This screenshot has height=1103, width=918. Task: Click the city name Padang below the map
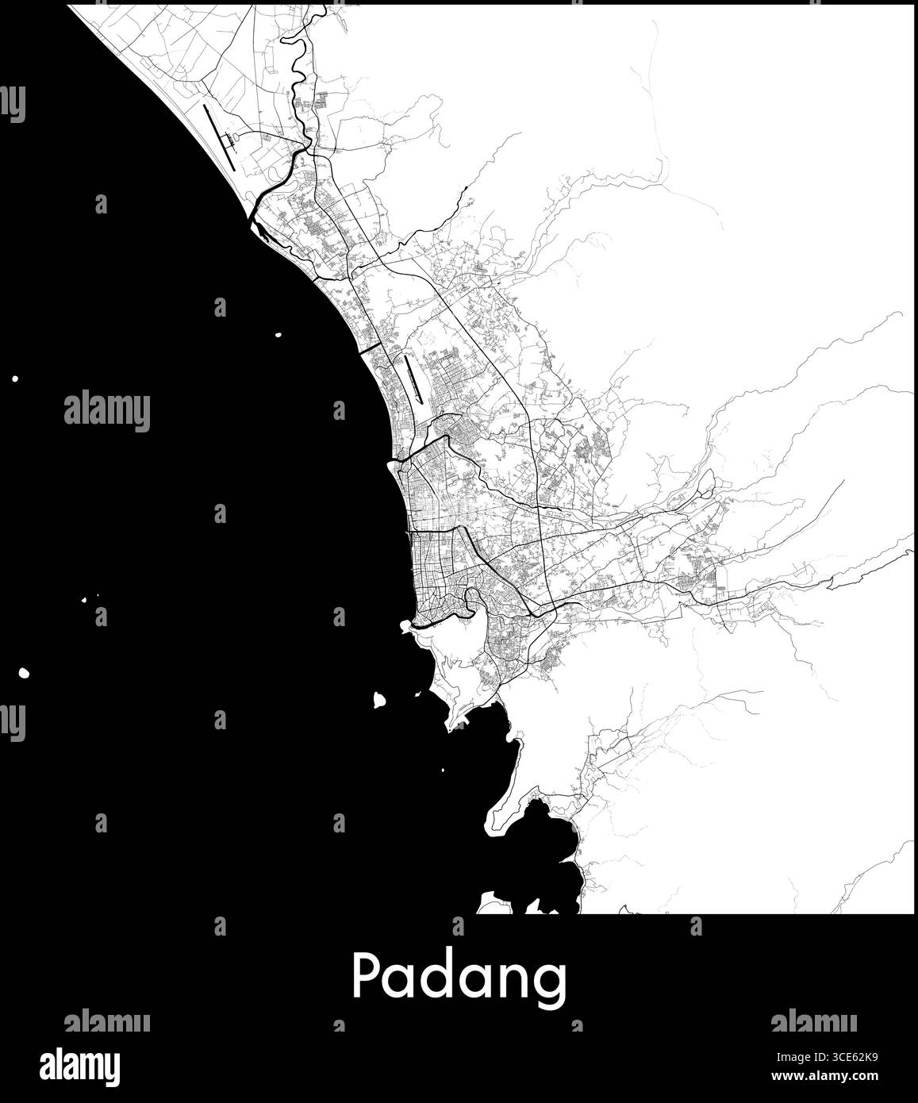click(459, 978)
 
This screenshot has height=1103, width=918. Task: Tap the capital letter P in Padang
click(364, 976)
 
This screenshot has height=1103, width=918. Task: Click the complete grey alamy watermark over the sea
click(106, 411)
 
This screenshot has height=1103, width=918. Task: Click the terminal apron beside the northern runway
click(231, 144)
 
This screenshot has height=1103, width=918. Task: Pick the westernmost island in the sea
click(15, 379)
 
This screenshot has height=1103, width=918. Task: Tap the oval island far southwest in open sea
click(24, 673)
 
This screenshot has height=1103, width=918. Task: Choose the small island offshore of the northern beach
click(278, 334)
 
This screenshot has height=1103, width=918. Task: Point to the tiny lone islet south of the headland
click(442, 770)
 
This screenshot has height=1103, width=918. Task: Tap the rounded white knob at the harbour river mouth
click(405, 626)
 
